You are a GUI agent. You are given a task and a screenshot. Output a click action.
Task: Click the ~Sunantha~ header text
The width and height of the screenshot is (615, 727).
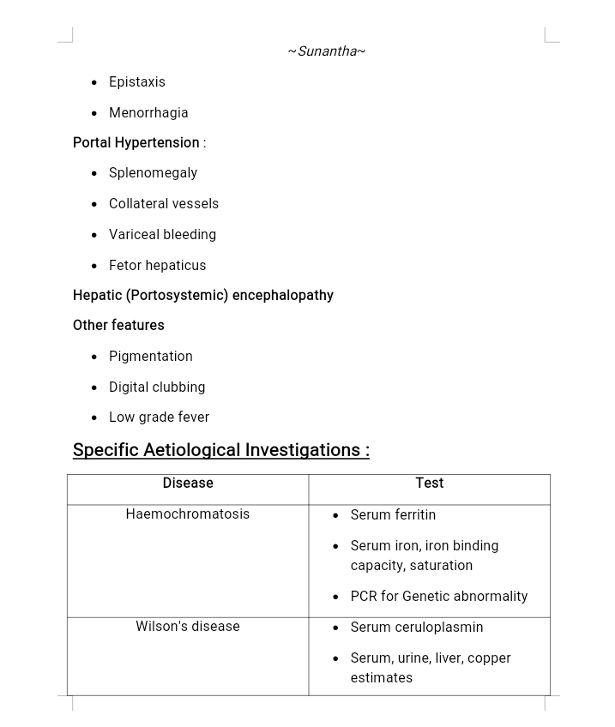(x=326, y=51)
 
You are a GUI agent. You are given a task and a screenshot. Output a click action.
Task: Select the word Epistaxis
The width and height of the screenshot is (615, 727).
(x=137, y=82)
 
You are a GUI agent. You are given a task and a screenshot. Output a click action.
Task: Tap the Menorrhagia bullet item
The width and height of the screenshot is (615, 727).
(x=148, y=113)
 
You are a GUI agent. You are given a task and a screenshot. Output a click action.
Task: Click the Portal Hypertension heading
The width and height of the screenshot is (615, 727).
(x=136, y=143)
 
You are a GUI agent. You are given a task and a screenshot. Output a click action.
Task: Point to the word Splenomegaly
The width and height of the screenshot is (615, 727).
(x=153, y=173)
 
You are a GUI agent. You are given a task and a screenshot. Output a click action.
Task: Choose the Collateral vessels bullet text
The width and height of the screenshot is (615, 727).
(x=164, y=204)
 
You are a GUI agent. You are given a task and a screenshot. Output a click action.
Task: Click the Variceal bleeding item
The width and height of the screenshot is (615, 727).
(x=162, y=235)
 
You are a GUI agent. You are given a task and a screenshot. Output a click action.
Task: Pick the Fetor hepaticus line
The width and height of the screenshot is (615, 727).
(x=157, y=266)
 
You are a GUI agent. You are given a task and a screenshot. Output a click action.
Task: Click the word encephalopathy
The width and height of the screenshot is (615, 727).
(x=282, y=296)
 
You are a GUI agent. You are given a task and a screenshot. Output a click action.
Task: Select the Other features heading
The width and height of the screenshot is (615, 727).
(x=118, y=326)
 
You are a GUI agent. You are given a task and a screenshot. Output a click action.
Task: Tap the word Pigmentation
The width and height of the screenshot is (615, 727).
(x=151, y=357)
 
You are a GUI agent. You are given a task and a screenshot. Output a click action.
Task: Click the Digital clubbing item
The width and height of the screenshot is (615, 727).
(x=157, y=388)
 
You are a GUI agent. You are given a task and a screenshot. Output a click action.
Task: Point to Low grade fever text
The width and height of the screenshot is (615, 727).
(x=159, y=418)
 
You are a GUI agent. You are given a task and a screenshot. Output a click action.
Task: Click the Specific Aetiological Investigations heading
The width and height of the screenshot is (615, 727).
(x=220, y=450)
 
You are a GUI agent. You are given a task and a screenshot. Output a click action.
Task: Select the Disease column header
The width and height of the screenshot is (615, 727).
(x=188, y=484)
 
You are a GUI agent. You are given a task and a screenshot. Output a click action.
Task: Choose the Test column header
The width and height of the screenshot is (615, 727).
(x=429, y=484)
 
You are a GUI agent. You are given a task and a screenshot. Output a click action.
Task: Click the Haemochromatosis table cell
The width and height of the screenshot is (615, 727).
(x=188, y=514)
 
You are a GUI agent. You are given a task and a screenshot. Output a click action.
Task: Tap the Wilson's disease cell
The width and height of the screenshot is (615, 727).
(x=188, y=627)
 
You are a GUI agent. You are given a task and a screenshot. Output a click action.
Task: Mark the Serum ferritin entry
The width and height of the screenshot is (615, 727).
(x=393, y=515)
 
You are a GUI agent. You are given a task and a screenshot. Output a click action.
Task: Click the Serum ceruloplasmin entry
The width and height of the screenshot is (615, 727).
(x=417, y=628)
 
